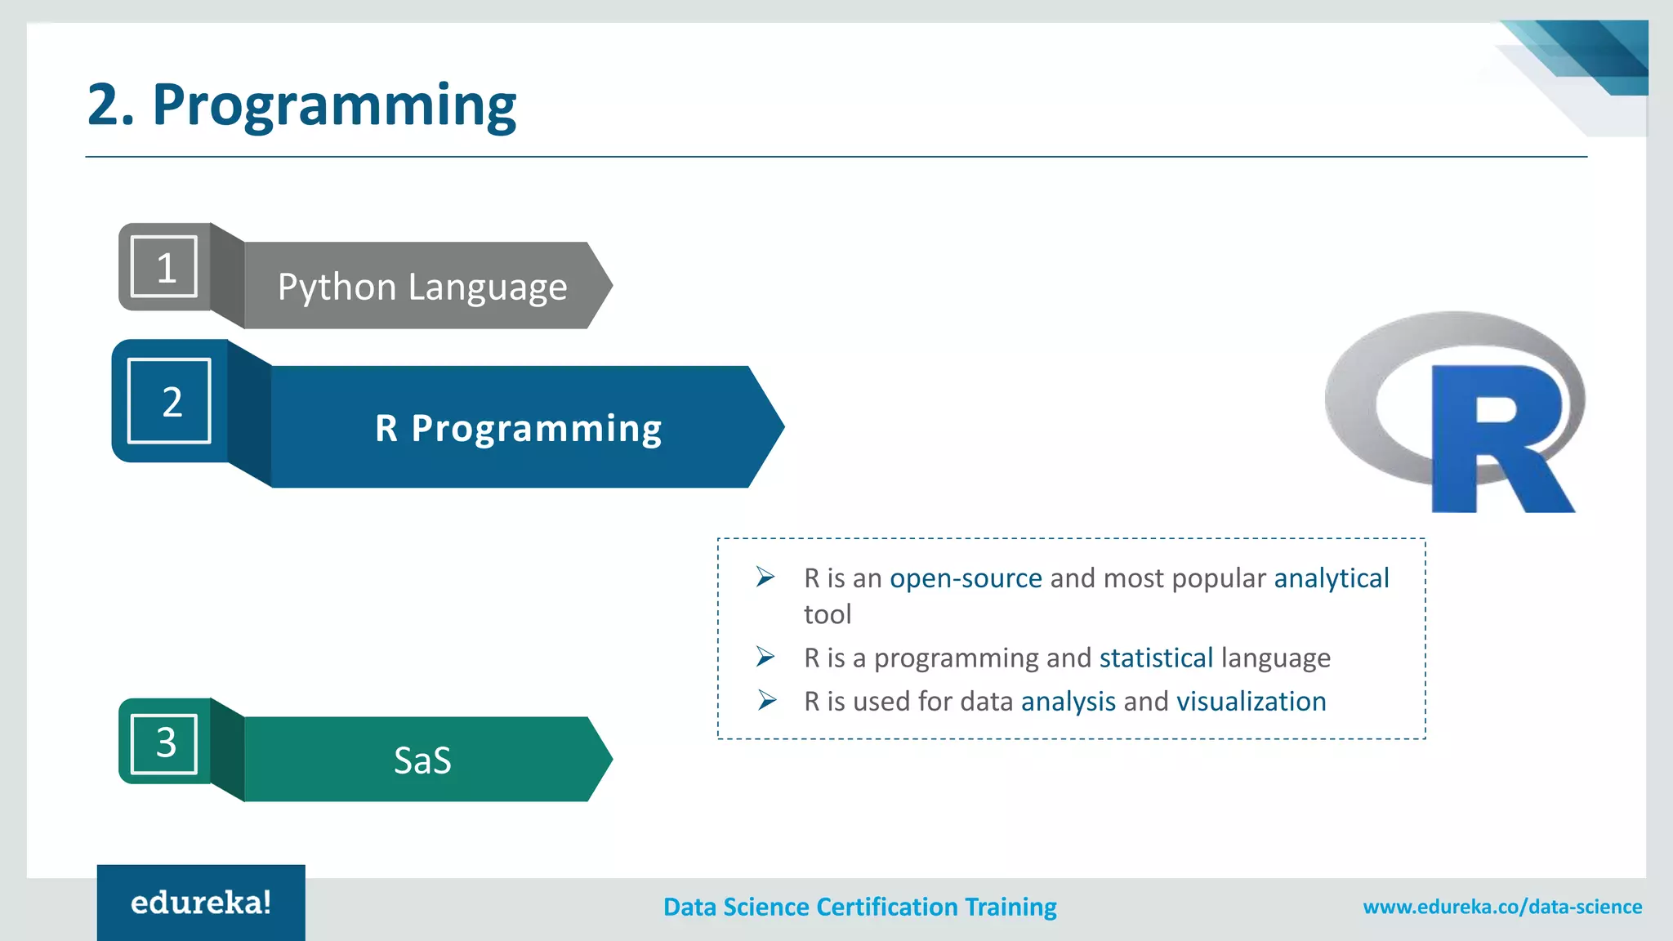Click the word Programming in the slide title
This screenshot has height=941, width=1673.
click(x=334, y=106)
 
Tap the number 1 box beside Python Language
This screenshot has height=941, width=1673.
click(x=165, y=266)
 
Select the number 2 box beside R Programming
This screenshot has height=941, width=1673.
click(x=170, y=401)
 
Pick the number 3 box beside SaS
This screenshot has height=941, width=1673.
click(x=165, y=743)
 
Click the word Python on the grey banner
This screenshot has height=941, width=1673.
click(x=337, y=288)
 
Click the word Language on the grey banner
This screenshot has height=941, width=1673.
click(x=487, y=288)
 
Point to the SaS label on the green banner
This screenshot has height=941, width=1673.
click(x=422, y=760)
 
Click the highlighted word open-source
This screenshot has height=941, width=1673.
click(x=966, y=578)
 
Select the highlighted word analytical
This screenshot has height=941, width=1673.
click(x=1331, y=578)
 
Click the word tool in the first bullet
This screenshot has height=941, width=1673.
click(x=827, y=614)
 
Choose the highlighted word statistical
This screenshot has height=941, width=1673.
click(x=1156, y=658)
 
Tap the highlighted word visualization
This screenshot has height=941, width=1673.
click(x=1251, y=702)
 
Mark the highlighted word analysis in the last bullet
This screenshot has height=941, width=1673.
click(x=1068, y=702)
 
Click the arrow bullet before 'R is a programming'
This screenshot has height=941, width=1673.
click(x=765, y=657)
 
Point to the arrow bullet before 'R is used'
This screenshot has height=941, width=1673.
click(x=765, y=700)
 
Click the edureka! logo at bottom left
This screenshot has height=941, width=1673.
click(x=201, y=903)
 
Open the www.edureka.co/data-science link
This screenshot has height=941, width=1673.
click(x=1501, y=907)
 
